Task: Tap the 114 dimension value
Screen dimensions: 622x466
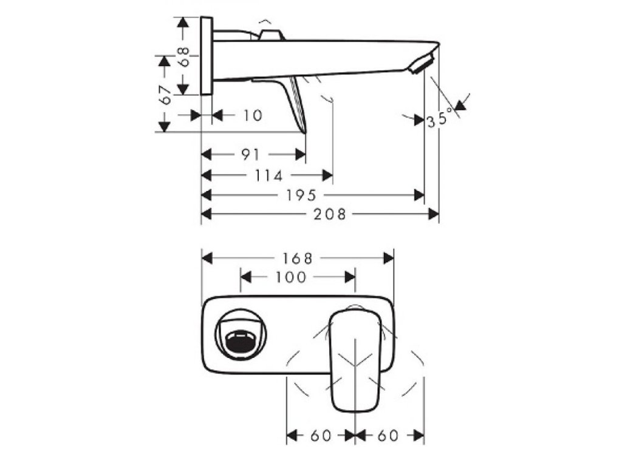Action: pos(268,175)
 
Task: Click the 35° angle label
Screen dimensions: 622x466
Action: pos(440,116)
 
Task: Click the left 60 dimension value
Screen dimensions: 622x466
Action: pos(320,436)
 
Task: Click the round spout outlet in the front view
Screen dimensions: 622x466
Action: pos(242,341)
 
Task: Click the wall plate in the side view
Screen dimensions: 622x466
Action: pos(206,56)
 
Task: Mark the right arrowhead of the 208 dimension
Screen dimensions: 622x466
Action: pos(434,214)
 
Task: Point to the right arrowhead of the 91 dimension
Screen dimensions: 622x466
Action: pos(300,155)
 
